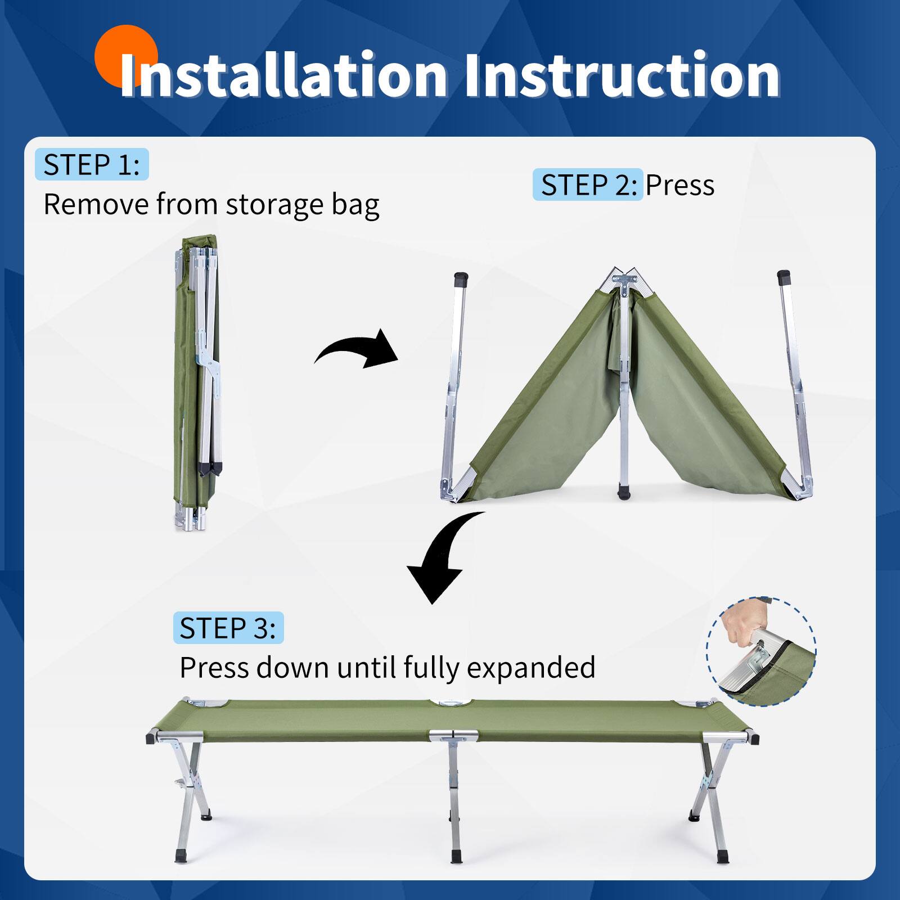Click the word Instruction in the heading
pyautogui.click(x=622, y=76)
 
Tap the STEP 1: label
pyautogui.click(x=92, y=165)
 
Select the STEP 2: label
pyautogui.click(x=588, y=185)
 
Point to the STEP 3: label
pyautogui.click(x=228, y=628)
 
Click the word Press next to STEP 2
pyautogui.click(x=679, y=185)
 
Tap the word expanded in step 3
pyautogui.click(x=531, y=668)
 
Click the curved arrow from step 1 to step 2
pyautogui.click(x=357, y=350)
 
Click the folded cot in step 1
pyautogui.click(x=197, y=382)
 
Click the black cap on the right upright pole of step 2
pyautogui.click(x=784, y=277)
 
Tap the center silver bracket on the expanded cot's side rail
pyautogui.click(x=453, y=735)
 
